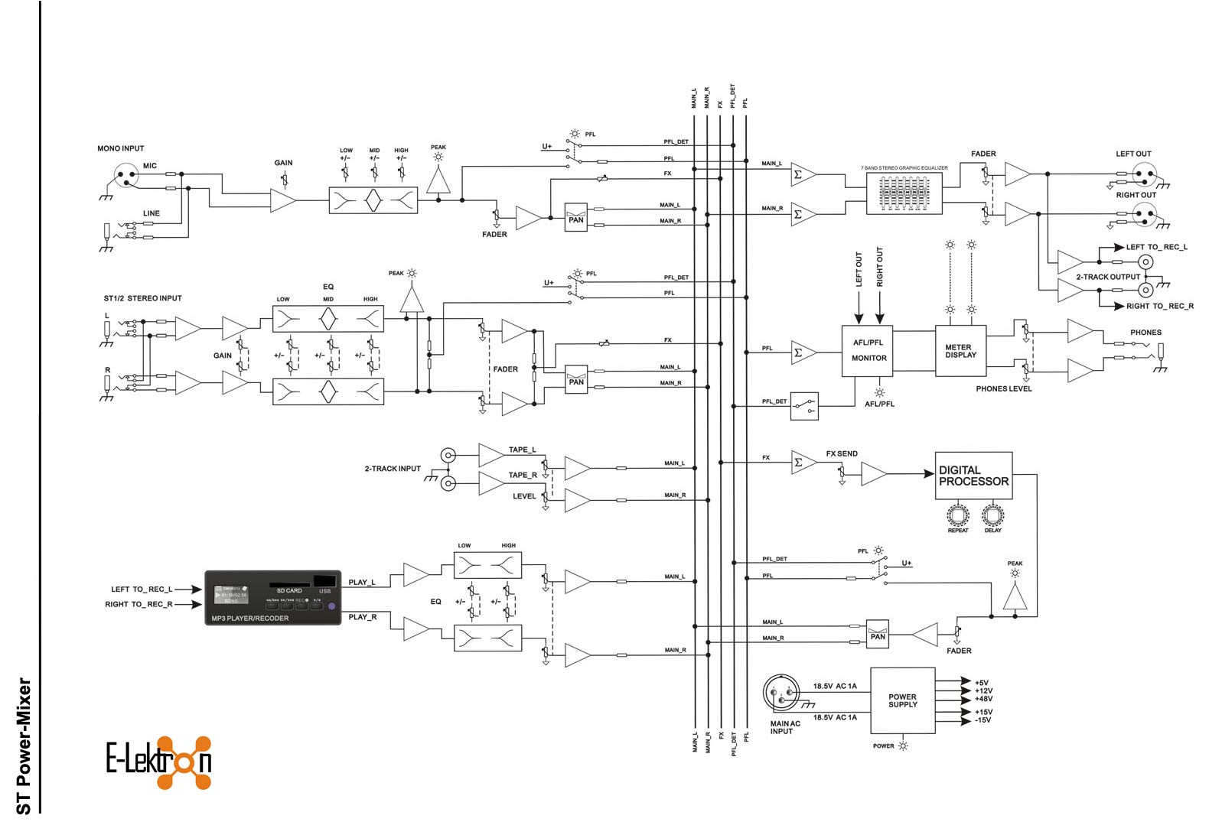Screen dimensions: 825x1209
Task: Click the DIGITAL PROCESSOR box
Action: [973, 476]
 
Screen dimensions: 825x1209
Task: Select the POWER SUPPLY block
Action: [902, 700]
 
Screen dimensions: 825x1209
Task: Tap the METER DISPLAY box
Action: [960, 351]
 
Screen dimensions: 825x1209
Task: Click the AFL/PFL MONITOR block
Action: [868, 350]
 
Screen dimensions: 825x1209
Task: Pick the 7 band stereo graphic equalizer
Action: [904, 193]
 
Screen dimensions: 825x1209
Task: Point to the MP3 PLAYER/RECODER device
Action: [272, 598]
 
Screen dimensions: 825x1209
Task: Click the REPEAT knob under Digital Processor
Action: [957, 514]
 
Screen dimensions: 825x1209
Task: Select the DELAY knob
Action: [992, 514]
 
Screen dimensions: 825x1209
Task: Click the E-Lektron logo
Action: [158, 762]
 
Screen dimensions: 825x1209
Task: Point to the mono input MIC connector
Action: [126, 177]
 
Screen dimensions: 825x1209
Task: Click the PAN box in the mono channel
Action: [576, 217]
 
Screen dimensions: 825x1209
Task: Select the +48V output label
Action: [983, 699]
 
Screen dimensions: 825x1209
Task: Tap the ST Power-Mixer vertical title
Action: [24, 745]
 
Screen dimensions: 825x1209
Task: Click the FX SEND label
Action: [841, 453]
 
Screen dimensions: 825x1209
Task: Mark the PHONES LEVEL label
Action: [1003, 388]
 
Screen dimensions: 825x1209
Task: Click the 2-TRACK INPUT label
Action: [393, 469]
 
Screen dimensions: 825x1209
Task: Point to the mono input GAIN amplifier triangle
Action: [282, 200]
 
